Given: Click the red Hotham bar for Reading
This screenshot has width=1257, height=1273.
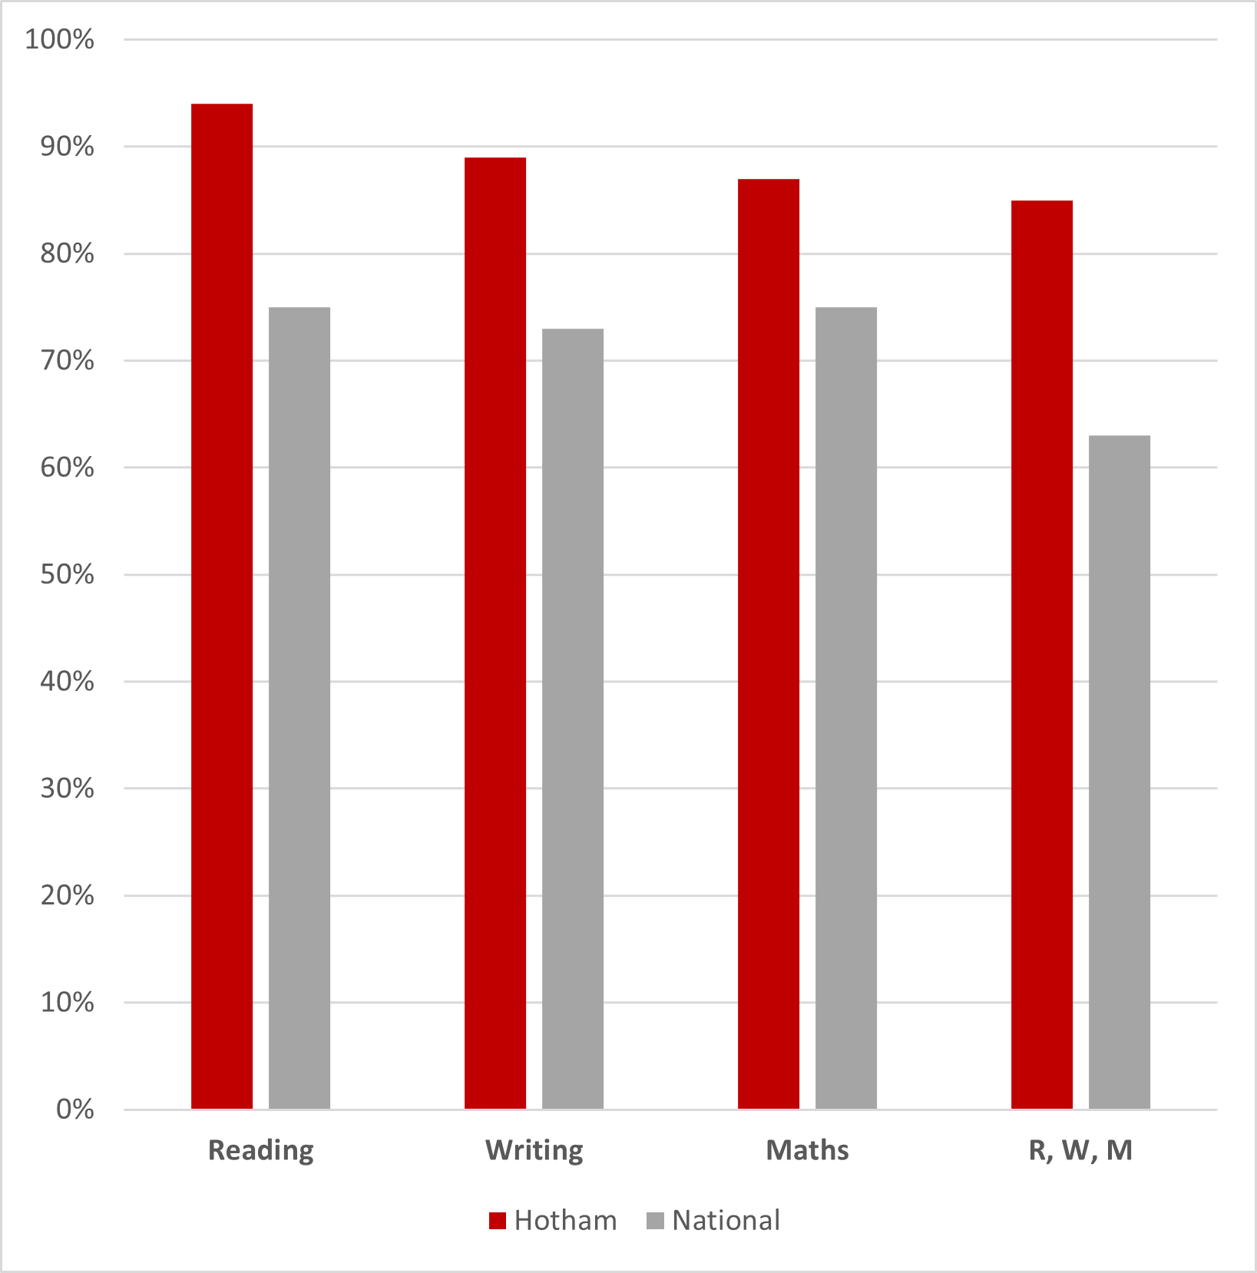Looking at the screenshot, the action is [222, 606].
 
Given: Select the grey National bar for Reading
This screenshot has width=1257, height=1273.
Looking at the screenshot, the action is [299, 708].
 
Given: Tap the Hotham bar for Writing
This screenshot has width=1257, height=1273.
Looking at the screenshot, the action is [495, 633].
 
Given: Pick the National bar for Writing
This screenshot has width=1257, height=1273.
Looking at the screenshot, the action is [573, 719].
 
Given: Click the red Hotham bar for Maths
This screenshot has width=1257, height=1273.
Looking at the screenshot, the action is [769, 643].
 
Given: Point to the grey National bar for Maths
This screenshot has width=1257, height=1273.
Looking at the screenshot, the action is [846, 708].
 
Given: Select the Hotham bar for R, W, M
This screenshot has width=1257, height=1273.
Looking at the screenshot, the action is [1042, 654].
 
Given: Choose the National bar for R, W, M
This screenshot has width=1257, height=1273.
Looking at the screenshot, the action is [1120, 772].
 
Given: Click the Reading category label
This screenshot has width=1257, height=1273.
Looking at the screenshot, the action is [261, 1151].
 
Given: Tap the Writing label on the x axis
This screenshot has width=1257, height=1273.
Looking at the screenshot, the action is [534, 1151].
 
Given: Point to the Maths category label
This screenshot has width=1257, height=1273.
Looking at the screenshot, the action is [808, 1150].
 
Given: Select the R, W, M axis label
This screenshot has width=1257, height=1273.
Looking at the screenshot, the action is [1081, 1151].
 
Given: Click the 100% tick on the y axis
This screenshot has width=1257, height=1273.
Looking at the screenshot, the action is [60, 39].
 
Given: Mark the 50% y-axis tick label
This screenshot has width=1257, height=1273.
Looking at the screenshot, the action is [68, 574].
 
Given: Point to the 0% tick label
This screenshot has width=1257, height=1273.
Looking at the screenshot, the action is [75, 1109].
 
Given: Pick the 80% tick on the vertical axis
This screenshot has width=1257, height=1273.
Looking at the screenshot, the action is [68, 253].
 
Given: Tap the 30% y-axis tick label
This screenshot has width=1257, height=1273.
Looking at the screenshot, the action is [68, 789].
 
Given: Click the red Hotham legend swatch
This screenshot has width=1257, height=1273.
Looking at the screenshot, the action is [498, 1221].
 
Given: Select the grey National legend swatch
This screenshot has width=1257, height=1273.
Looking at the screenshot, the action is [656, 1221].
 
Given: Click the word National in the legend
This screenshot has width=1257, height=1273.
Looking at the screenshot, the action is [726, 1220].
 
